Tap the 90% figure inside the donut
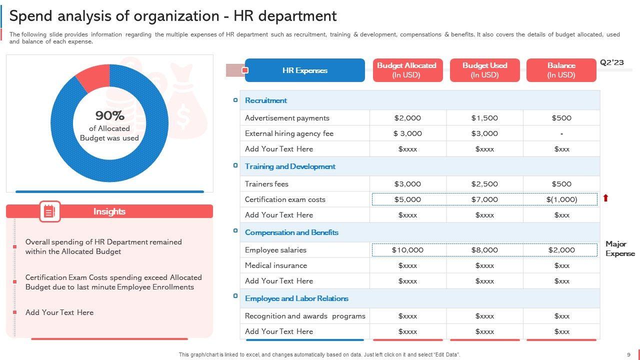coord(109,115)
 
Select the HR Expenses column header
coord(304,70)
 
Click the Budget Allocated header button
coord(407,70)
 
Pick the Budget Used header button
coord(484,70)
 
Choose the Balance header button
coord(561,70)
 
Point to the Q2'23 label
coord(612,62)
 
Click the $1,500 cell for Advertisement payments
coord(484,118)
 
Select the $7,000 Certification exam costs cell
coord(484,199)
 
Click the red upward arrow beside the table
coord(605,198)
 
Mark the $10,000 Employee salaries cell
coord(407,250)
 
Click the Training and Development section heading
coord(290,166)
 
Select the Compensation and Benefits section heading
coord(291,232)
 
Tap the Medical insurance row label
coord(276,265)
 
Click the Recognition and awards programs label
coord(305,316)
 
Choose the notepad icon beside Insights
coord(49,211)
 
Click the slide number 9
coord(628,354)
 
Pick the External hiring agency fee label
coord(289,133)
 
